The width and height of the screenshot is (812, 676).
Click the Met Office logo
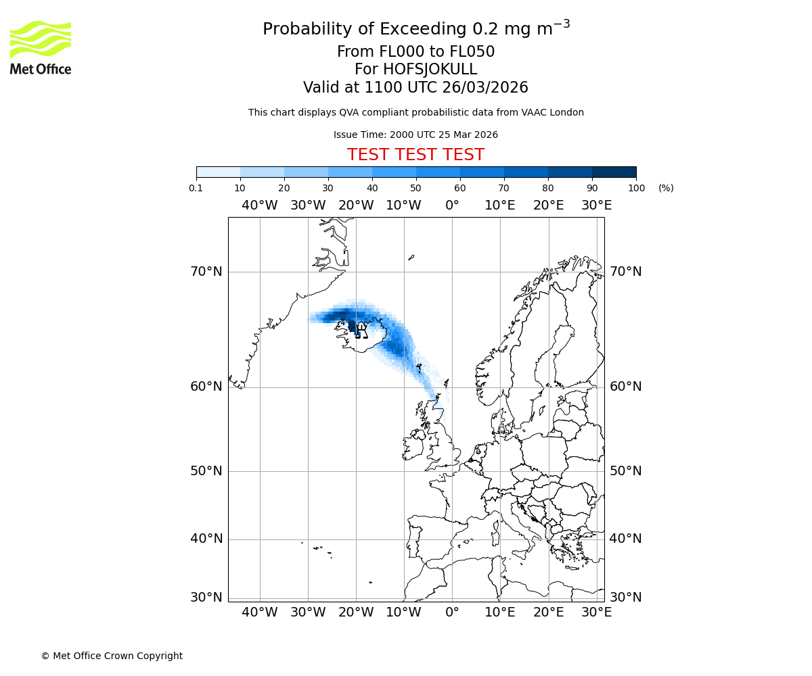click(x=41, y=47)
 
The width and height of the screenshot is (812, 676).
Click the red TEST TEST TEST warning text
click(x=415, y=155)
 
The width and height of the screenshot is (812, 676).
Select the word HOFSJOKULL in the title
click(x=430, y=70)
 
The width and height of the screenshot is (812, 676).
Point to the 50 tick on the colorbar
click(x=416, y=188)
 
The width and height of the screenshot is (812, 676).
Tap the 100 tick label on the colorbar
click(x=636, y=188)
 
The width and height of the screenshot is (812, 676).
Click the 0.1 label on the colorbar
click(x=196, y=188)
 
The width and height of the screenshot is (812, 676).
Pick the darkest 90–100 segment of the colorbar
click(x=614, y=172)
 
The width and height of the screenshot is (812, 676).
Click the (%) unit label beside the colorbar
click(x=666, y=188)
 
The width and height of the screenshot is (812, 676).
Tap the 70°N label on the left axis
click(x=206, y=272)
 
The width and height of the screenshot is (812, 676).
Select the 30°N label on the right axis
click(x=626, y=598)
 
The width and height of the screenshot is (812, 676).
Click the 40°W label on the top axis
click(x=260, y=206)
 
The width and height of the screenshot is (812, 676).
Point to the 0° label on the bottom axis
click(x=452, y=612)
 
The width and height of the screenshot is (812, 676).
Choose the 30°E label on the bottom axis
click(x=596, y=612)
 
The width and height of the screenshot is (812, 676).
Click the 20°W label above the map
click(x=356, y=206)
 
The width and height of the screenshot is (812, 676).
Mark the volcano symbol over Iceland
click(x=361, y=330)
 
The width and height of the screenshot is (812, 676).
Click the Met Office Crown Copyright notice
click(x=112, y=656)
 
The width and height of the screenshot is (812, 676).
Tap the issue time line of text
click(x=415, y=135)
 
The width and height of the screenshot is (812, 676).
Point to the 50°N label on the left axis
click(x=206, y=471)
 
